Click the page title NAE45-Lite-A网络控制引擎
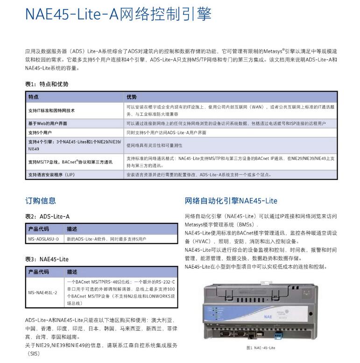tap(118, 14)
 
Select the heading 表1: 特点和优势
tap(47, 84)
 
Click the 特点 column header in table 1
tap(34, 97)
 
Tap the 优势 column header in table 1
tap(132, 97)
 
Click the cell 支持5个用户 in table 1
tap(40, 133)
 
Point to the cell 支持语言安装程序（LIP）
tap(51, 175)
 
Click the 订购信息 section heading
tap(41, 201)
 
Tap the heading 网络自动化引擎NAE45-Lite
tap(231, 201)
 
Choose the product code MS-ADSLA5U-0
tap(43, 239)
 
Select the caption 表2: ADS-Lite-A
tap(47, 217)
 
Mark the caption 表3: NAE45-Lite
tap(47, 259)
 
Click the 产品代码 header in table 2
tap(39, 229)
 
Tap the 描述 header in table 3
tap(72, 271)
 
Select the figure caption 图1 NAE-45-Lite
tap(261, 348)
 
